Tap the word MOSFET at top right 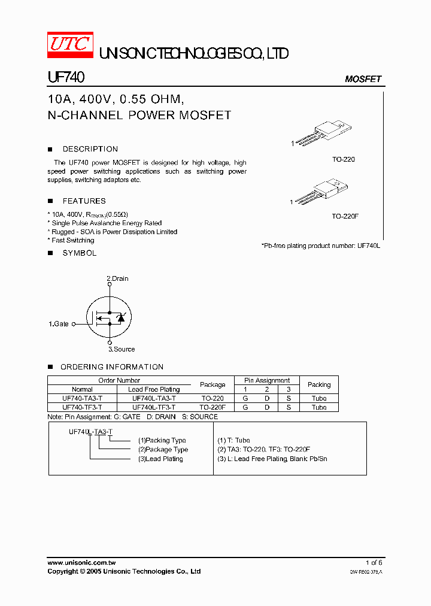click(x=363, y=79)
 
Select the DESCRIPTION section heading click(x=90, y=149)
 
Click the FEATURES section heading click(x=84, y=201)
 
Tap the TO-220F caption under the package click(x=345, y=216)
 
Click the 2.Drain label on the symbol click(x=117, y=278)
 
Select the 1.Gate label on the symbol click(x=59, y=324)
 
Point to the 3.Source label click(x=122, y=349)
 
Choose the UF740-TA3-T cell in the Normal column click(x=82, y=398)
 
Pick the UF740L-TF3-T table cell click(x=154, y=407)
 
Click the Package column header click(x=213, y=384)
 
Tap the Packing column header click(x=319, y=384)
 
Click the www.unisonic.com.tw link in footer click(x=81, y=563)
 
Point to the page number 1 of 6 click(x=374, y=563)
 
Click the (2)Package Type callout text click(x=163, y=450)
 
